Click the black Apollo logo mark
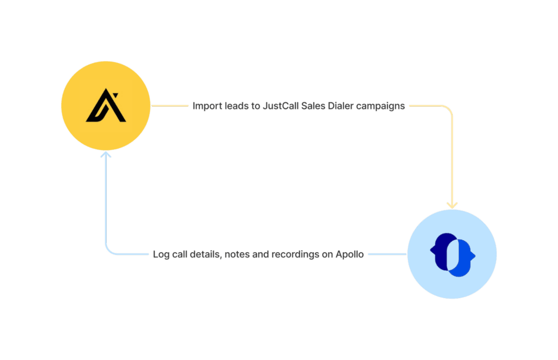(x=106, y=106)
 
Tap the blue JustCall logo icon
(x=452, y=255)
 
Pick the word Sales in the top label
(x=313, y=106)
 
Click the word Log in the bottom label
(x=161, y=254)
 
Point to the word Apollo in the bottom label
(x=349, y=254)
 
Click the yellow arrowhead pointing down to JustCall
(x=452, y=205)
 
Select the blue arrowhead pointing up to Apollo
(x=106, y=155)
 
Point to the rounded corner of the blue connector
(x=109, y=251)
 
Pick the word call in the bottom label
(x=179, y=254)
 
